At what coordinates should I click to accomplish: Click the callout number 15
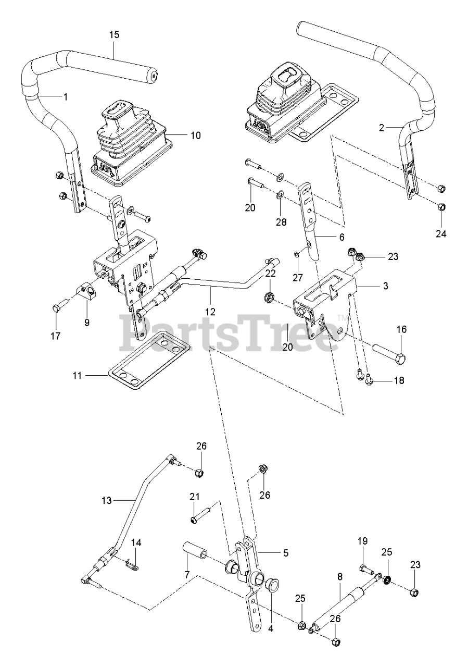115,35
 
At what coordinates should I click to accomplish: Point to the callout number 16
401,329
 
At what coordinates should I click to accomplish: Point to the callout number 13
106,500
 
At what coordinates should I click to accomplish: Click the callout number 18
399,380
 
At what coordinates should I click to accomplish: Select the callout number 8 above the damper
340,578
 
